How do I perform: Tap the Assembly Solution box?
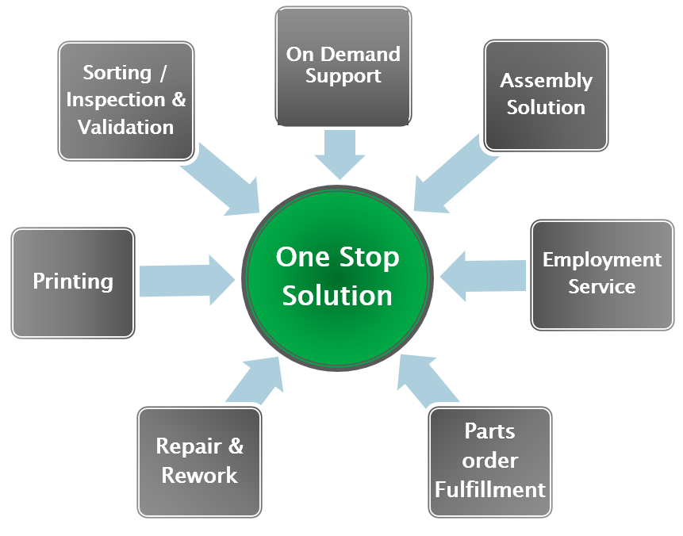tap(546, 94)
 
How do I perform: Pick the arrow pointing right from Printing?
tap(186, 278)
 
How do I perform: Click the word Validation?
tap(126, 127)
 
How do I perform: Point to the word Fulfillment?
tap(490, 489)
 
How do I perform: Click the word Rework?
tap(199, 475)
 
